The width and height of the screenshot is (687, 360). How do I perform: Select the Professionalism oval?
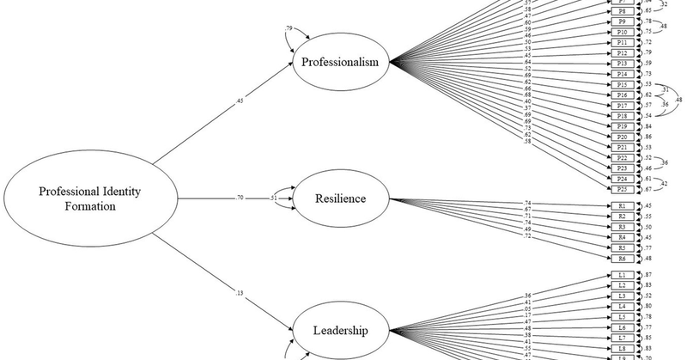point(341,64)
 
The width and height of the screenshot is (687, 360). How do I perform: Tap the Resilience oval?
point(341,199)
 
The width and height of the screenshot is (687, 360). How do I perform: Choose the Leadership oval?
point(341,330)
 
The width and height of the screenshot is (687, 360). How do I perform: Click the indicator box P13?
point(622,64)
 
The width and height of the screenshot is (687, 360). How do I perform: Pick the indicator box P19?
point(622,126)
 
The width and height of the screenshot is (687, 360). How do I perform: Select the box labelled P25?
point(622,189)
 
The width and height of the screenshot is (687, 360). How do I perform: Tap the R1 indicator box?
point(622,206)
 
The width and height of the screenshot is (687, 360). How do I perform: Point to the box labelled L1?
point(622,275)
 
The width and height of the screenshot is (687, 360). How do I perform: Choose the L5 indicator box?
point(622,317)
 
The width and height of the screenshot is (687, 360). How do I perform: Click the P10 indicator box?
point(622,32)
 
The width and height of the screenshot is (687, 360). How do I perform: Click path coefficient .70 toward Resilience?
point(240,198)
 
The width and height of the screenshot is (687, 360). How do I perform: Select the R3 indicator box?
point(622,227)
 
